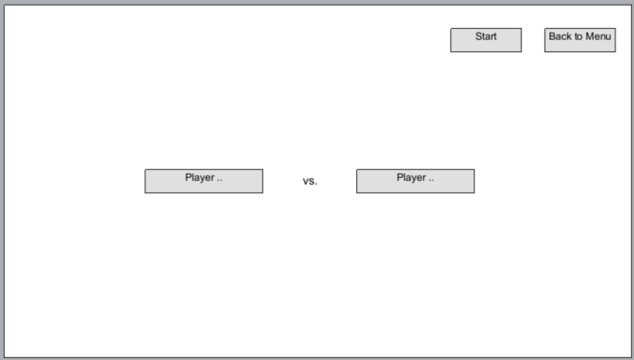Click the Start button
[x=486, y=40]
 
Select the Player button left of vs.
[x=203, y=181]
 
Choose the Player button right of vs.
[x=415, y=181]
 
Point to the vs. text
[x=310, y=182]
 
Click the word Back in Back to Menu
[x=559, y=37]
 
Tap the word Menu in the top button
[x=599, y=37]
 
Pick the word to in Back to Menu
[x=578, y=37]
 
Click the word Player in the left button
[x=200, y=177]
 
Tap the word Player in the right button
[x=411, y=177]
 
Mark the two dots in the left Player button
[x=220, y=180]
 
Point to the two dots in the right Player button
[x=432, y=180]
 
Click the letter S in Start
[x=478, y=37]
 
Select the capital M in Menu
[x=590, y=37]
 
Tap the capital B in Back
[x=552, y=37]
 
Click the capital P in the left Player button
[x=188, y=177]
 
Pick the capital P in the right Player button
[x=400, y=177]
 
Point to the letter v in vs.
[x=305, y=183]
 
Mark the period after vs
[x=316, y=185]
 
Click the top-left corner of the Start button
[x=451, y=29]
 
